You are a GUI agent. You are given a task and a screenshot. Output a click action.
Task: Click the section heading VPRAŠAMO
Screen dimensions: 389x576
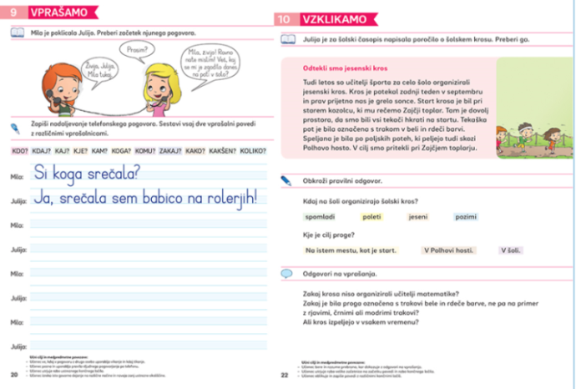tap(55, 15)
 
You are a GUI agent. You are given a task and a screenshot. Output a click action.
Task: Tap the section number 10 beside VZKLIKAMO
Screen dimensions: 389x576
tap(285, 17)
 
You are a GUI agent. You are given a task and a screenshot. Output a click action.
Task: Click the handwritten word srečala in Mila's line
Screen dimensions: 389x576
tap(109, 174)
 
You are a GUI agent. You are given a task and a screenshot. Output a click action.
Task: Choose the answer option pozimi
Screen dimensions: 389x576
tap(466, 216)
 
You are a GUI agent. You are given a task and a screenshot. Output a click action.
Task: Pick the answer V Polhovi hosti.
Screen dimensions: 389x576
tap(448, 250)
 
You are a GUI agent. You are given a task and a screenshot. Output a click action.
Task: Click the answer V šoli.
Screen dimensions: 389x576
tap(510, 250)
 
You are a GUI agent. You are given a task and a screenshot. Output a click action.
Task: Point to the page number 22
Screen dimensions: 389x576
tap(285, 375)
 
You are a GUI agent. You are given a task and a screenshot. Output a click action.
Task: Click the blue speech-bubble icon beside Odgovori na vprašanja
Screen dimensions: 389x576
tap(287, 274)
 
